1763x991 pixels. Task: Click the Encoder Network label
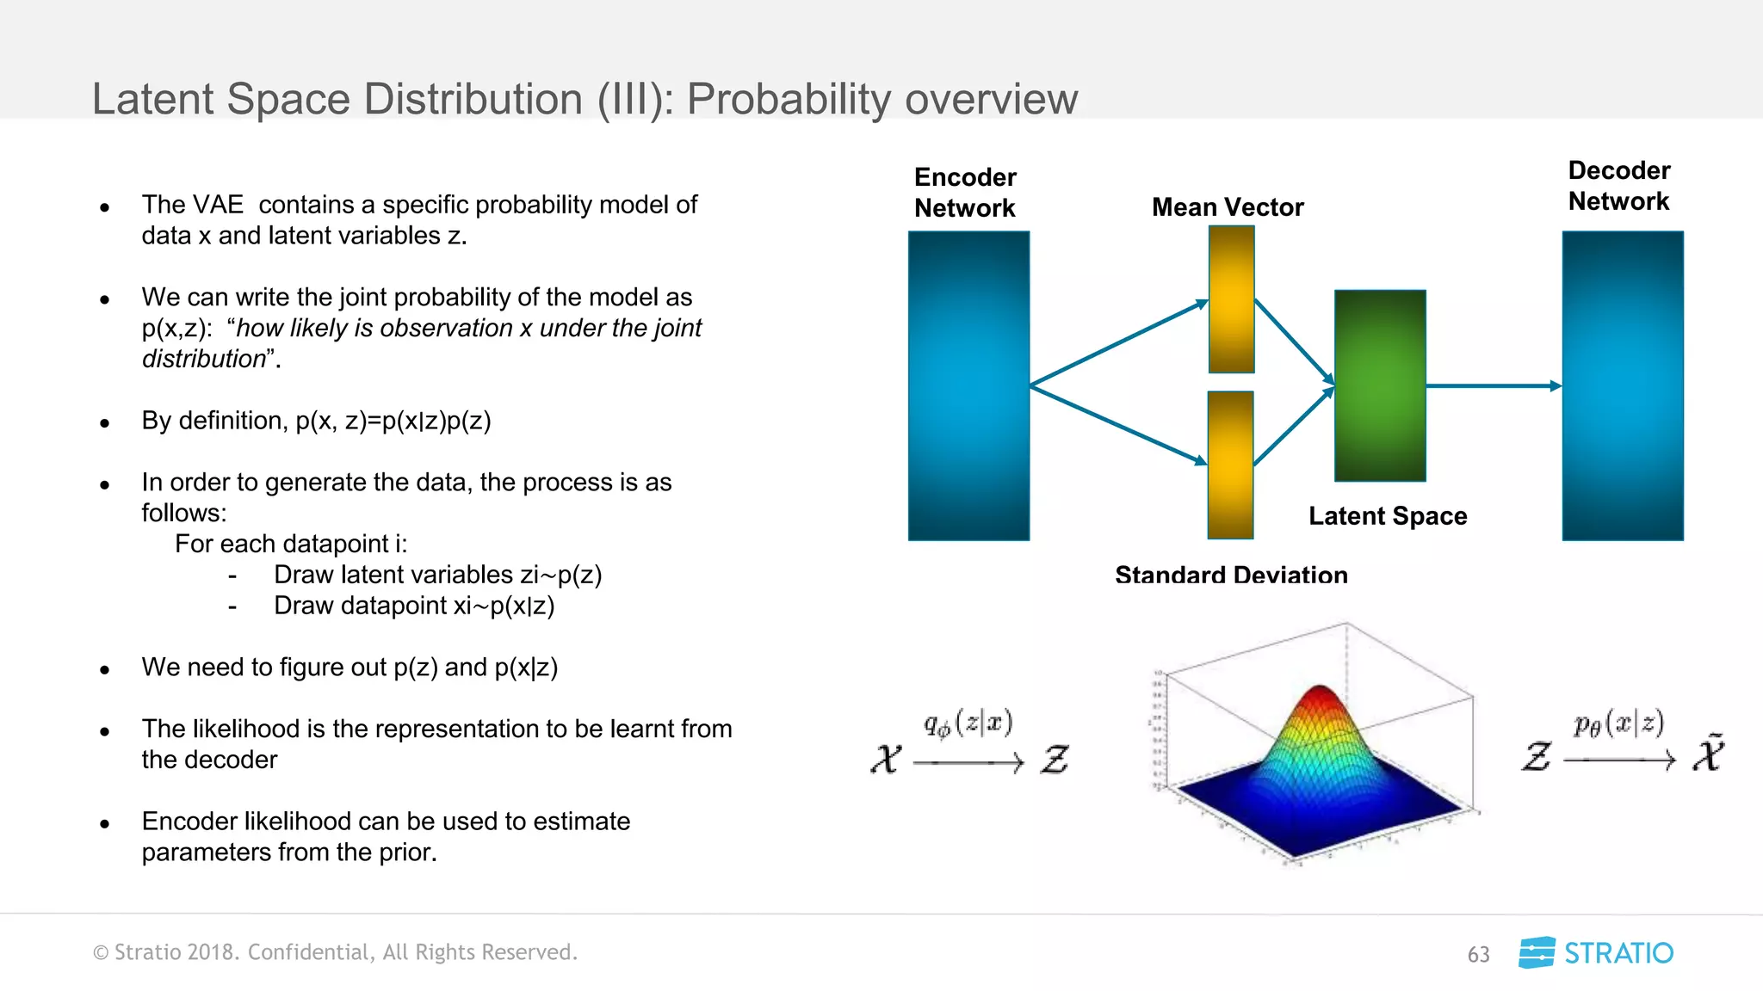coord(964,193)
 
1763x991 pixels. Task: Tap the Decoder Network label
coord(1618,186)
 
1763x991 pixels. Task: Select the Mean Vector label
coord(1228,207)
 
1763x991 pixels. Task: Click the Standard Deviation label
coord(1231,575)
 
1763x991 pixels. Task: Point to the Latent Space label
coord(1388,516)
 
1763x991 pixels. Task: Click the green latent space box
coord(1380,385)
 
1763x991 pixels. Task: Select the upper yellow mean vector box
coord(1231,299)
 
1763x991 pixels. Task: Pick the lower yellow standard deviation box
coord(1230,465)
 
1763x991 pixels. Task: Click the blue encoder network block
coord(968,385)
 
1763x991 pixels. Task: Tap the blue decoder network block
coord(1623,385)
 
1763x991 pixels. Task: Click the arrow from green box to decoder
coord(1494,386)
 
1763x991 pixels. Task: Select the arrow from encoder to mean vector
coord(1119,342)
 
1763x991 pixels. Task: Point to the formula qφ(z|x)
coord(968,724)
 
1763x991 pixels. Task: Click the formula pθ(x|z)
coord(1618,724)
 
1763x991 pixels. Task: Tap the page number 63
coord(1478,955)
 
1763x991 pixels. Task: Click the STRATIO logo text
coord(1618,953)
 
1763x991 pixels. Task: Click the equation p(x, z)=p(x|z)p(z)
coord(393,422)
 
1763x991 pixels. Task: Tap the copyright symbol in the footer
coord(101,953)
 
